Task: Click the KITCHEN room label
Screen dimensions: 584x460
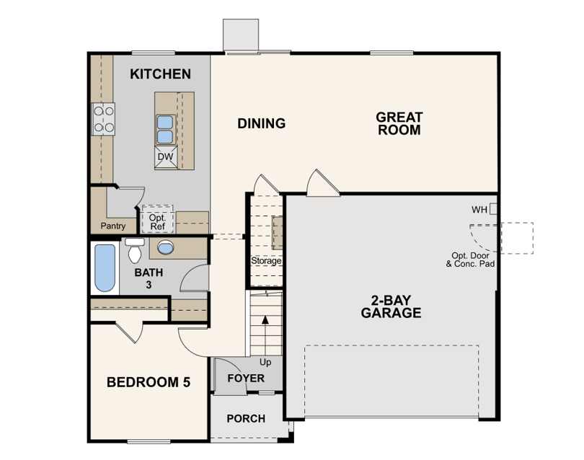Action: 160,74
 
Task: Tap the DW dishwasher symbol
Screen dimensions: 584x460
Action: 166,156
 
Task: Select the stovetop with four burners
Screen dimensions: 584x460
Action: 103,119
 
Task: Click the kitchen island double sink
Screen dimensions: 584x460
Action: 165,130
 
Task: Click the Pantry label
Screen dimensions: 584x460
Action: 113,226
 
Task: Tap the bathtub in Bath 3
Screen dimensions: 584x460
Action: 105,267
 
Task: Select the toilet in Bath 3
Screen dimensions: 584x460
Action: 134,250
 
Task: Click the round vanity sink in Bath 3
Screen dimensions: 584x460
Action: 165,247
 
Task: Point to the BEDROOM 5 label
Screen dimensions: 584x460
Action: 149,382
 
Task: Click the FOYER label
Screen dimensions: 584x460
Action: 246,379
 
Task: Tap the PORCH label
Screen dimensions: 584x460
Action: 246,419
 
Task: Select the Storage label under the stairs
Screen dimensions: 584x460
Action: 266,261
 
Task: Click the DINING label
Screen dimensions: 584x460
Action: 262,123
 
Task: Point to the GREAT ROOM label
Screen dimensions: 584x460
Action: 399,123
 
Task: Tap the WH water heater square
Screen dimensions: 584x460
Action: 493,208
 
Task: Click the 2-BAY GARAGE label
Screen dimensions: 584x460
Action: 391,306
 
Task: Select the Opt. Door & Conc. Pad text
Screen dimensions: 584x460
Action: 470,260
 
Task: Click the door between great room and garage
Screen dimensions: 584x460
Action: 322,183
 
